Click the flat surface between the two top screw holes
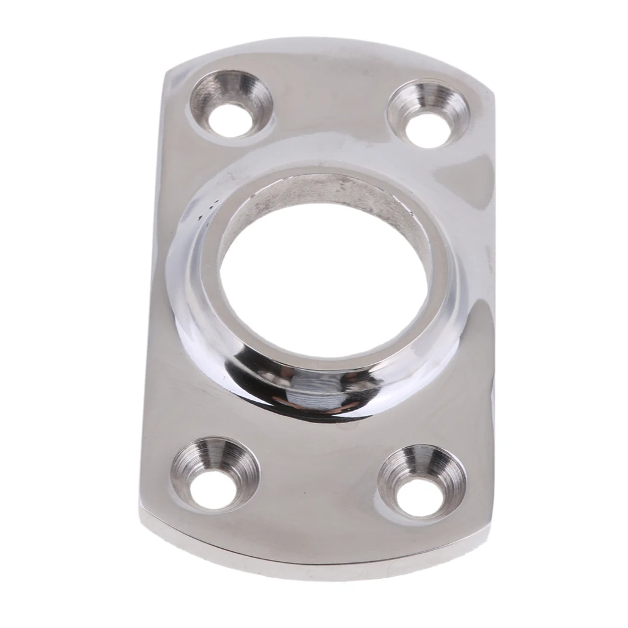tap(331, 104)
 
